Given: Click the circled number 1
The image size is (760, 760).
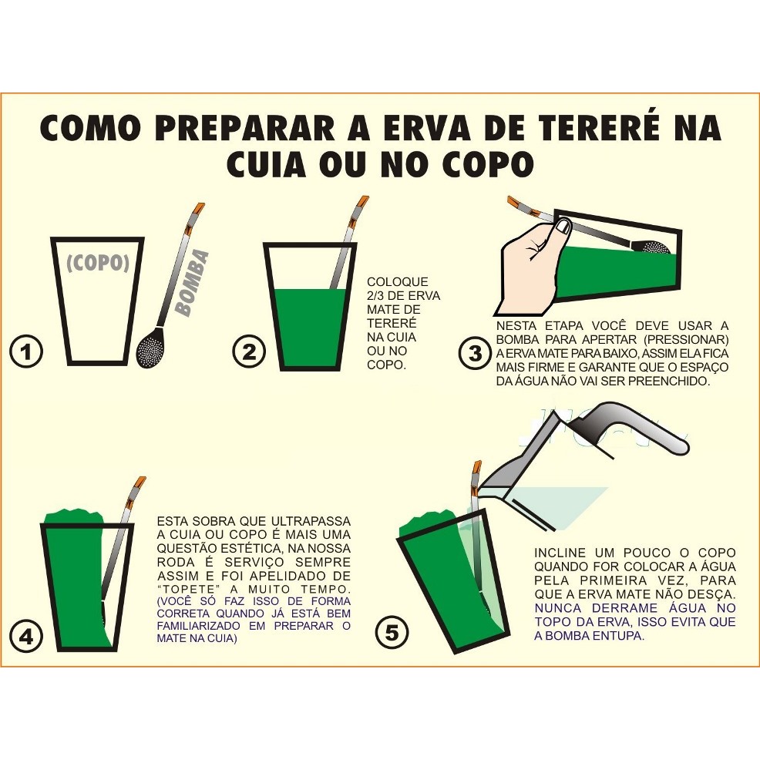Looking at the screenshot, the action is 26,351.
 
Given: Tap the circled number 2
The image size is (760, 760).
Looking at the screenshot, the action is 249,352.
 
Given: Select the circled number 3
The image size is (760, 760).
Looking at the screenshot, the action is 475,353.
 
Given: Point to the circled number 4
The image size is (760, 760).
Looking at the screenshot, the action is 26,637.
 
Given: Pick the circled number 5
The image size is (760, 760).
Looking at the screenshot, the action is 392,633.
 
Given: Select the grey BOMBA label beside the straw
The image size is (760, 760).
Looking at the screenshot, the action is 193,283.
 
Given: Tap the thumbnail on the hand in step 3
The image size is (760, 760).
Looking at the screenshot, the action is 563,227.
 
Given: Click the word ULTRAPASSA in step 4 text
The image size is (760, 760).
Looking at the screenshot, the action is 311,522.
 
